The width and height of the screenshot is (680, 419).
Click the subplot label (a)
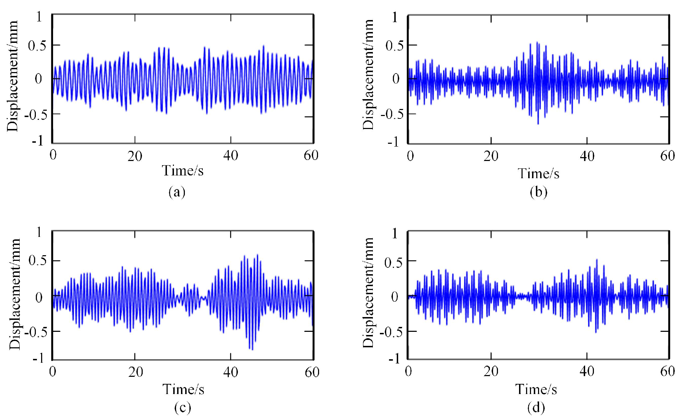[x=177, y=192]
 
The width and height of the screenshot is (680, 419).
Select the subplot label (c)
[x=182, y=407]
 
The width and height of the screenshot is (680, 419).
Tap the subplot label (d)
[x=536, y=407]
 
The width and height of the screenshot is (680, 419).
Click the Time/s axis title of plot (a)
[x=183, y=171]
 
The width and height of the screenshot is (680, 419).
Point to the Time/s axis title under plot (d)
[x=536, y=389]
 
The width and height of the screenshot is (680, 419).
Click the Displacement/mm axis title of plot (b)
[x=368, y=75]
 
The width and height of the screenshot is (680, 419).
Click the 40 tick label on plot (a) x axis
[x=231, y=156]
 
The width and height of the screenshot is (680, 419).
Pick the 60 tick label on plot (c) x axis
[x=312, y=372]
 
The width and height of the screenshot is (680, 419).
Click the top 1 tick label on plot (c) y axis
[x=39, y=232]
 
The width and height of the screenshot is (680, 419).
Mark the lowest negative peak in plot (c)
[x=252, y=349]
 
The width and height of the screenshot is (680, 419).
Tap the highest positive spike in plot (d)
[x=596, y=260]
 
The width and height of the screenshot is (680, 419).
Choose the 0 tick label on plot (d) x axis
[x=408, y=372]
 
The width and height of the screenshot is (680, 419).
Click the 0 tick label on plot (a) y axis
[x=39, y=78]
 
